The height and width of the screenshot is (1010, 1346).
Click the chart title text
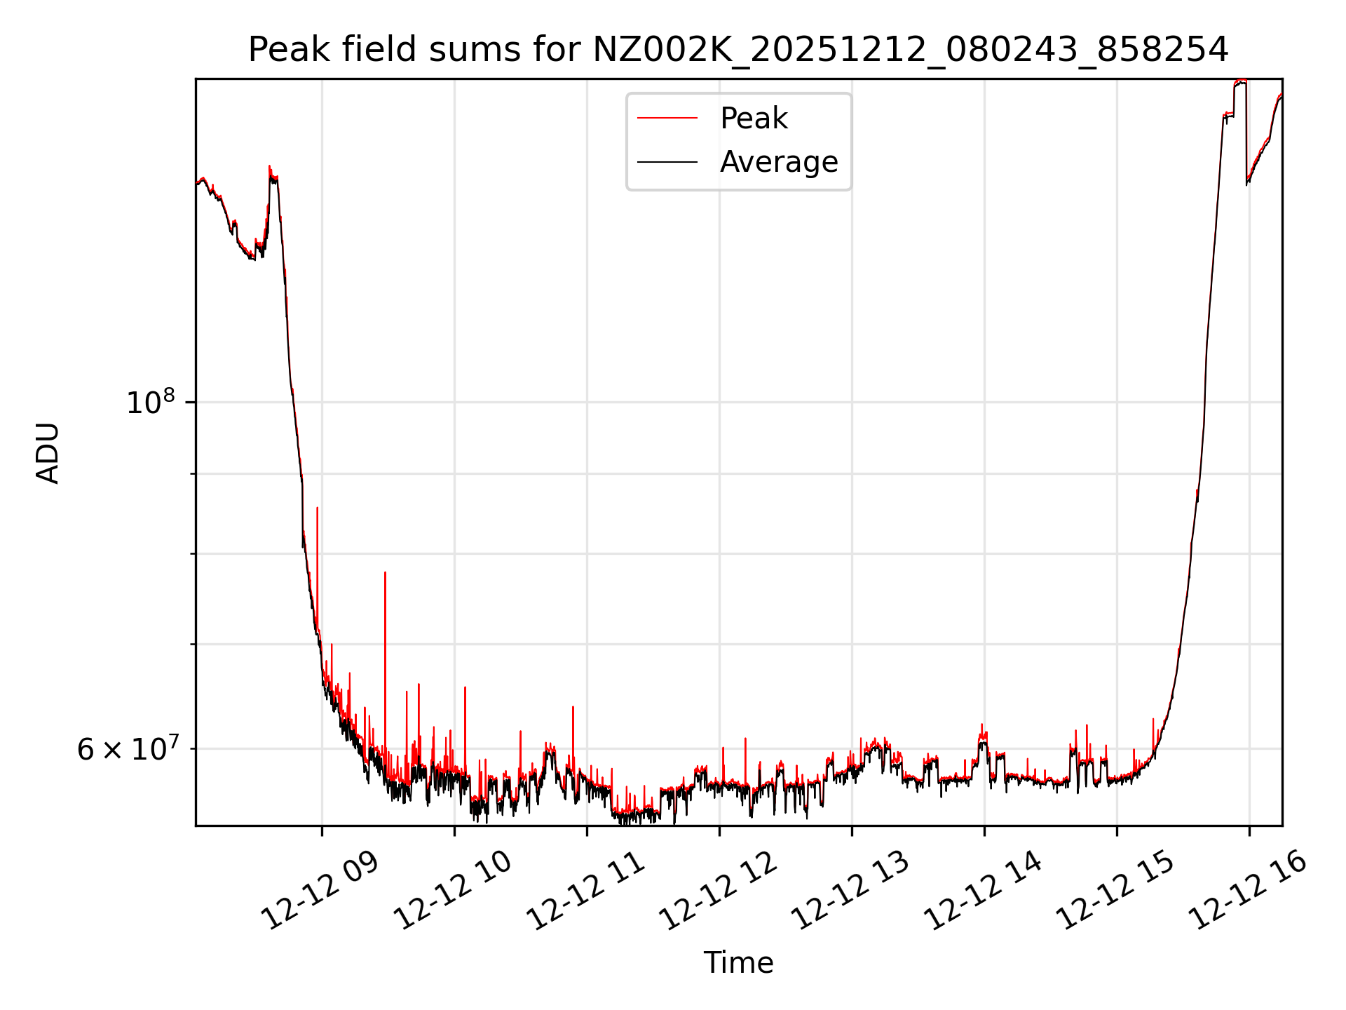738,50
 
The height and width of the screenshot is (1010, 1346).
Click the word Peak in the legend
754,119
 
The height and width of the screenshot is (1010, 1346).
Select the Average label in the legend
778,162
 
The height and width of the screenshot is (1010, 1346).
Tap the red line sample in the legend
667,119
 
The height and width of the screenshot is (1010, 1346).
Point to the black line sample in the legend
667,162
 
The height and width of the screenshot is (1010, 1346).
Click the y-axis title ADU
48,452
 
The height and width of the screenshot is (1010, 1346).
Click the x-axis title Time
738,963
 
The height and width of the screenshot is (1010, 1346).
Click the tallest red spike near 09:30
385,574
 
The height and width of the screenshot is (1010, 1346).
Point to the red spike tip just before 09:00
317,509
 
